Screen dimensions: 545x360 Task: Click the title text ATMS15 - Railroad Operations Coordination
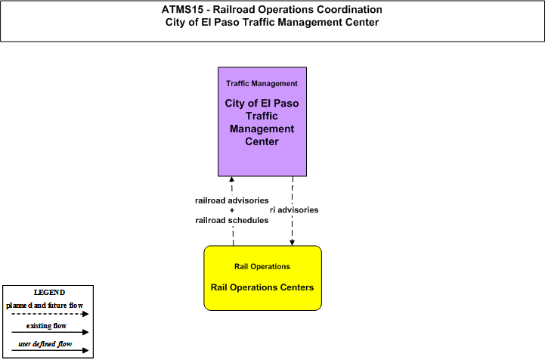pyautogui.click(x=272, y=9)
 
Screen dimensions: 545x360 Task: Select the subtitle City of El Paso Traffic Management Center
pyautogui.click(x=272, y=22)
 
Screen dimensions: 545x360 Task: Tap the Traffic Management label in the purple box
pyautogui.click(x=262, y=83)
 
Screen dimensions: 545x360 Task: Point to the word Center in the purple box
pyautogui.click(x=262, y=141)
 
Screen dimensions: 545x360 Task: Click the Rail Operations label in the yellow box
pyautogui.click(x=262, y=266)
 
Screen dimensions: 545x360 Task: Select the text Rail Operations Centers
pyautogui.click(x=262, y=287)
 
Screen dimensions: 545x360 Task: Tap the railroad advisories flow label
pyautogui.click(x=232, y=200)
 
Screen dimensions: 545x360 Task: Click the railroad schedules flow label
pyautogui.click(x=232, y=220)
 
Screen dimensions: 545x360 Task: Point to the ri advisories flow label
pyautogui.click(x=294, y=209)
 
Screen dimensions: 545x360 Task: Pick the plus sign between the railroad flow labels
pyautogui.click(x=232, y=210)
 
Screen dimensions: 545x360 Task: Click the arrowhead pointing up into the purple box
pyautogui.click(x=232, y=179)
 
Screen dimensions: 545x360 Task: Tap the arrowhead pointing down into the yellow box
pyautogui.click(x=293, y=243)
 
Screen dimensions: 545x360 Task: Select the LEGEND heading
pyautogui.click(x=49, y=293)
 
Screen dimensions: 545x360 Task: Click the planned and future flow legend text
pyautogui.click(x=45, y=306)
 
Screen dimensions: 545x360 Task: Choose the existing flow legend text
pyautogui.click(x=46, y=326)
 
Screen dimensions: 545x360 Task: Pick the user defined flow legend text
pyautogui.click(x=45, y=344)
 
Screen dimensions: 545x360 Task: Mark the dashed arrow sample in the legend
pyautogui.click(x=50, y=314)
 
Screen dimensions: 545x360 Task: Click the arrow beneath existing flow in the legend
pyautogui.click(x=50, y=332)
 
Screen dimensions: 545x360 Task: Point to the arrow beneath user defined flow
pyautogui.click(x=50, y=350)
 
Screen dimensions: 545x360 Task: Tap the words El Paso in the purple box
pyautogui.click(x=280, y=104)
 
